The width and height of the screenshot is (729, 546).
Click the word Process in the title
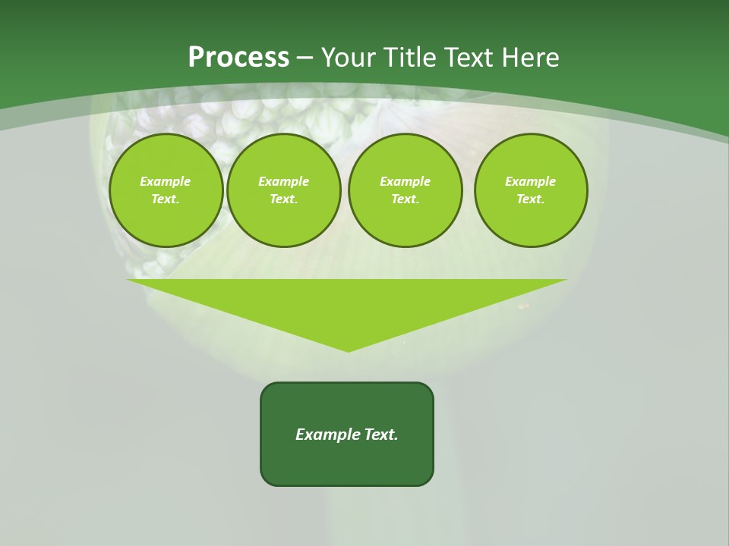[x=238, y=57]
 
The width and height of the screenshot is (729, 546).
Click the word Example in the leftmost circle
[x=166, y=181]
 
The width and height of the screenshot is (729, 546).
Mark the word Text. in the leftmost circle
[x=166, y=199]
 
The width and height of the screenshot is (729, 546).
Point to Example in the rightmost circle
[x=531, y=181]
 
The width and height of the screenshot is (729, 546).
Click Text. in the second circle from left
[x=283, y=199]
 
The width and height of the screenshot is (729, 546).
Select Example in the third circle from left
[x=405, y=181]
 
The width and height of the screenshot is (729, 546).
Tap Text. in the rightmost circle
[x=531, y=199]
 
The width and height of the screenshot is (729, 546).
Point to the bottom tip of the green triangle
[x=348, y=350]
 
